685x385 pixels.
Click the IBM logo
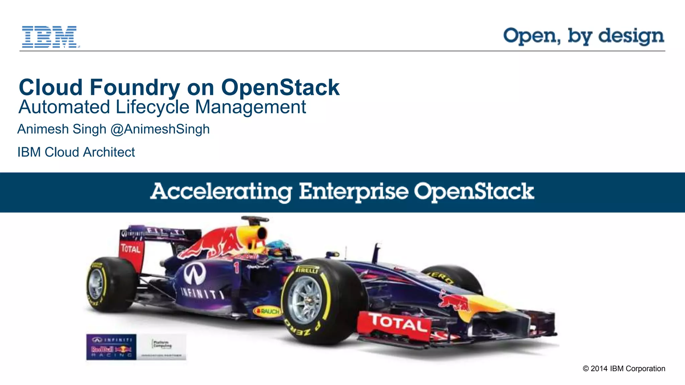point(50,37)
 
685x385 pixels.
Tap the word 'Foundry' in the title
point(135,87)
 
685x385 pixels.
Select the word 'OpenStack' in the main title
point(280,87)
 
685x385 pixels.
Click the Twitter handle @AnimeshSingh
point(160,129)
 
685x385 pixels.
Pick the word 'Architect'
point(109,152)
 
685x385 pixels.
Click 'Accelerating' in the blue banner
point(221,192)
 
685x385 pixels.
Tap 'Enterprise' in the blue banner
point(354,192)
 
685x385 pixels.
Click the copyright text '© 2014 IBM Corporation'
point(624,369)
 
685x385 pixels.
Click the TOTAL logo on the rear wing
point(131,249)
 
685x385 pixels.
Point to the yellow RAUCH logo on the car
point(268,312)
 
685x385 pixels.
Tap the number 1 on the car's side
point(236,267)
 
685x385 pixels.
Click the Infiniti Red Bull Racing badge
point(111,347)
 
